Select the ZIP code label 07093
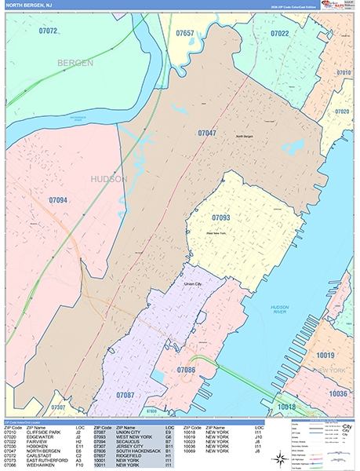[221, 216]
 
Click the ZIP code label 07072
[48, 31]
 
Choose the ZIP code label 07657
[185, 34]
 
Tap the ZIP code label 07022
[280, 34]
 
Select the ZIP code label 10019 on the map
[325, 356]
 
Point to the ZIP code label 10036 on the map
[338, 393]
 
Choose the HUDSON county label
[109, 179]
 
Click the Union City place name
[193, 284]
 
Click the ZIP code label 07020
[342, 111]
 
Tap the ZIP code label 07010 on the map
[344, 72]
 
